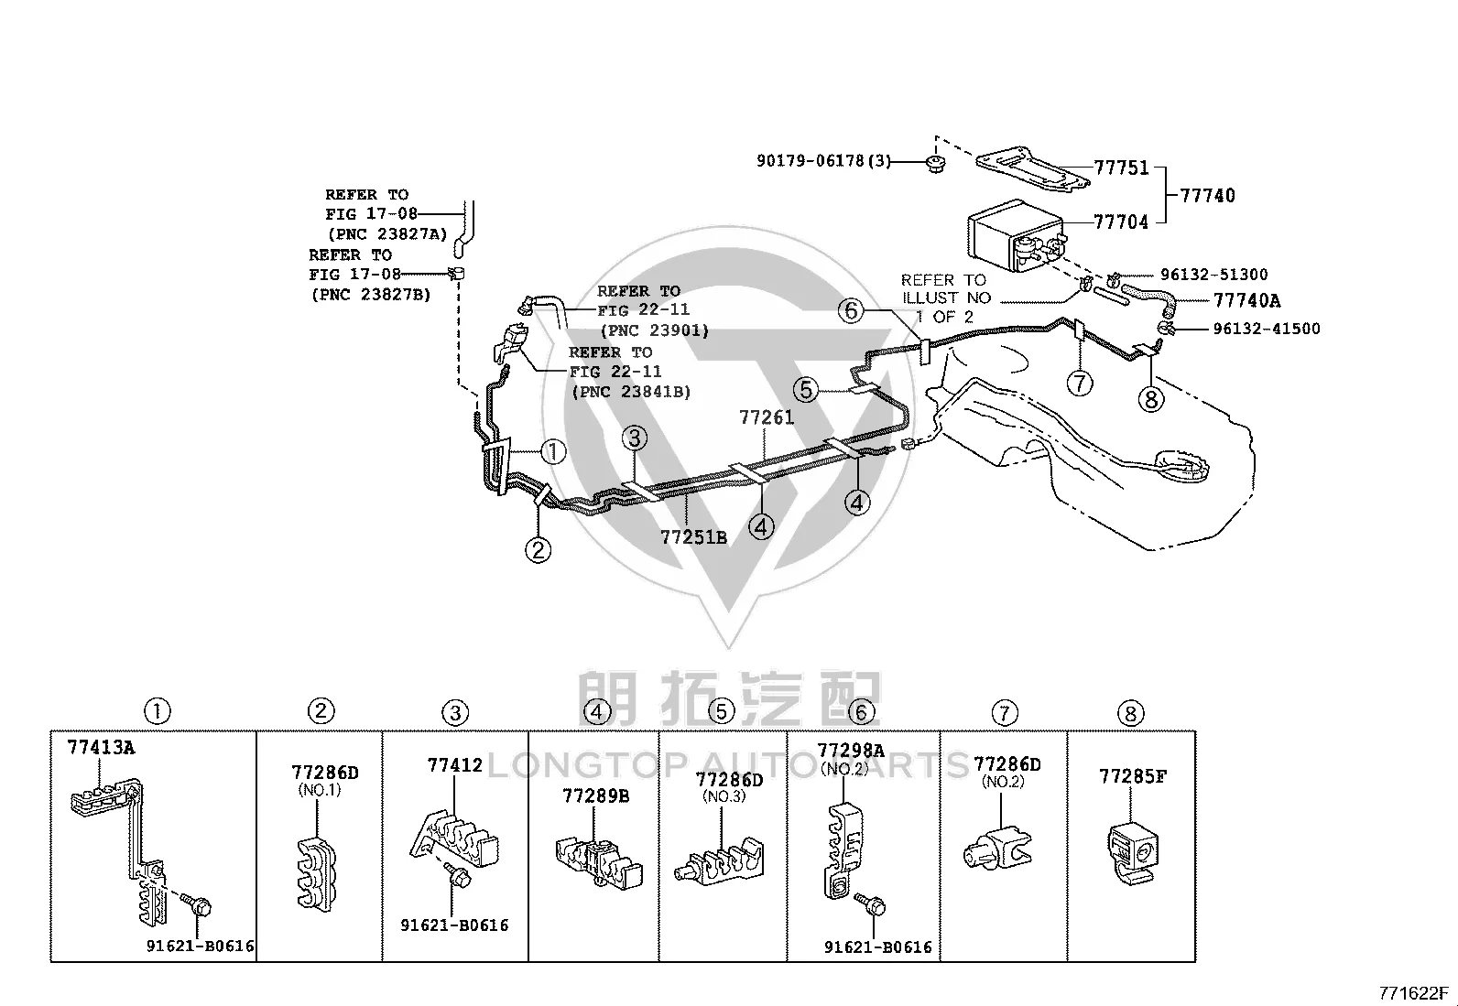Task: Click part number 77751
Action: (x=1122, y=168)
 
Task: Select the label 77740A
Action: (x=1246, y=300)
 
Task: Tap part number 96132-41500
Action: (x=1267, y=329)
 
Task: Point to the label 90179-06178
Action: (x=811, y=160)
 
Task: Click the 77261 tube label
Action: (x=767, y=417)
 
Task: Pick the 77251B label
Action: (x=694, y=536)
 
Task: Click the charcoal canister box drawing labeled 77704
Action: (x=1016, y=234)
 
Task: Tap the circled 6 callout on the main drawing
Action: (x=852, y=311)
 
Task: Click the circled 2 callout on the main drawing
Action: (x=539, y=550)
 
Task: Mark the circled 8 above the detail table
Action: (x=1131, y=714)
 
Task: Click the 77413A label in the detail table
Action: (x=101, y=748)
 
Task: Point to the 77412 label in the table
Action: (x=455, y=764)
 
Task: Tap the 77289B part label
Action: (x=596, y=795)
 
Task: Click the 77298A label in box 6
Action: (x=851, y=751)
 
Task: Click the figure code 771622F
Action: (x=1413, y=993)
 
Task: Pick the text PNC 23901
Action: (x=655, y=330)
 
